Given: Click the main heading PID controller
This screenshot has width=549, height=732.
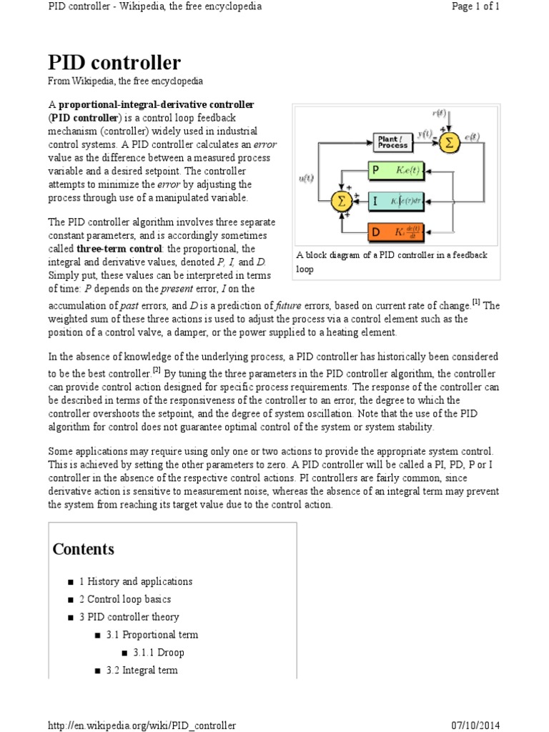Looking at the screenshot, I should (x=114, y=62).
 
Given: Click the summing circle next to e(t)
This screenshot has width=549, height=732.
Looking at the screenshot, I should (x=449, y=142).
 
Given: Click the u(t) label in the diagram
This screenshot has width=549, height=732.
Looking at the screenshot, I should (x=305, y=179).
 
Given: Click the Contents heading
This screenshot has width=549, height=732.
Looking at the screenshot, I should (x=83, y=549).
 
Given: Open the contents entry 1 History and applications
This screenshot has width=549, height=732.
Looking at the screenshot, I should (x=135, y=581).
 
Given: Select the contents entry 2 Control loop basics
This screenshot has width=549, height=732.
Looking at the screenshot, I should (x=124, y=599).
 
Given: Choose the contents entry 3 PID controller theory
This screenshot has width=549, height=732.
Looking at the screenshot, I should (x=129, y=617).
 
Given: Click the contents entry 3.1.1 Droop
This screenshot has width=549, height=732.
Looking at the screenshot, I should (x=158, y=653).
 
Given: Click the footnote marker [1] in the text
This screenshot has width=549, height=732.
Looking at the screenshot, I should (x=475, y=302).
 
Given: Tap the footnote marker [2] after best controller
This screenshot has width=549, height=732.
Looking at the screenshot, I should (x=157, y=370).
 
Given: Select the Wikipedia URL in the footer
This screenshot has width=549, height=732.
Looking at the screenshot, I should (x=142, y=726).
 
